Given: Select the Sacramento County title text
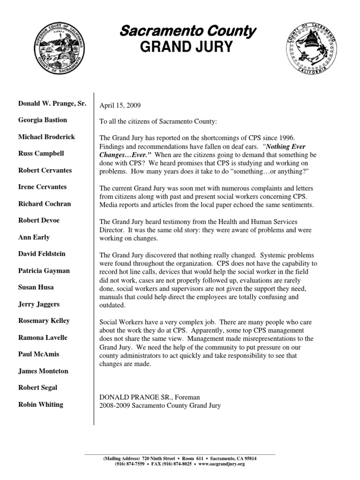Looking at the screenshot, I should (187, 31).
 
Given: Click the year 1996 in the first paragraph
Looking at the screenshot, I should (287, 137).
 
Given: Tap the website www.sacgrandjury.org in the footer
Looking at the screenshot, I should (222, 464).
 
